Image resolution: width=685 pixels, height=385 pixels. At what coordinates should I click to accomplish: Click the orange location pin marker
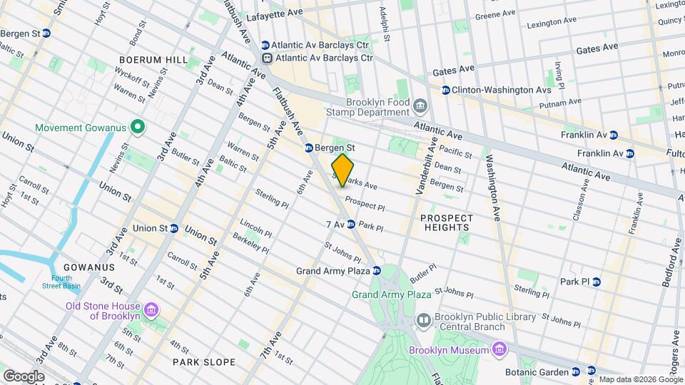click(x=342, y=170)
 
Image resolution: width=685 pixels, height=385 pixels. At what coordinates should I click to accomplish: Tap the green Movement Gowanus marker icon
click(x=137, y=128)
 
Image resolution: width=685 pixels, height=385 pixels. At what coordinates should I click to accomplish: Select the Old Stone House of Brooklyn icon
click(x=151, y=311)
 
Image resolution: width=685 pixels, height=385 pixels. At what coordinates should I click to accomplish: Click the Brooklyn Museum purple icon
click(x=499, y=349)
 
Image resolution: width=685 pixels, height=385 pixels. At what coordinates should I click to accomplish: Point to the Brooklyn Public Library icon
click(x=423, y=322)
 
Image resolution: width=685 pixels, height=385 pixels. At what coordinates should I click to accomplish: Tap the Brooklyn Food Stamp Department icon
click(x=420, y=107)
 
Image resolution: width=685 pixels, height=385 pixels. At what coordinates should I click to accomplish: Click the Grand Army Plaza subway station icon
click(x=376, y=271)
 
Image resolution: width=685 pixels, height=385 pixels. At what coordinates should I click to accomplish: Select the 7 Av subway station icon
click(x=351, y=225)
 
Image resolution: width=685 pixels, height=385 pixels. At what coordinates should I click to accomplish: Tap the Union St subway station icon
click(x=173, y=228)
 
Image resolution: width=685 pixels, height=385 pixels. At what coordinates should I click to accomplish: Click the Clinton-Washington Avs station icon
click(x=446, y=90)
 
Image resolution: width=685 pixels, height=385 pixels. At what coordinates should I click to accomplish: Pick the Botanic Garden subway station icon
click(x=592, y=371)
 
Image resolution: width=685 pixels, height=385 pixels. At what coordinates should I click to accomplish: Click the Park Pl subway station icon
click(x=597, y=282)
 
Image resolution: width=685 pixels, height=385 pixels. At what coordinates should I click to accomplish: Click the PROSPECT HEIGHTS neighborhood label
click(x=446, y=222)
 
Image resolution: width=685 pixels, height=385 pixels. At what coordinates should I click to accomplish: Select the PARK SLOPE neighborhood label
click(x=204, y=362)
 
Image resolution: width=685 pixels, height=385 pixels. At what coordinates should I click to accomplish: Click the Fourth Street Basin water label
click(x=61, y=282)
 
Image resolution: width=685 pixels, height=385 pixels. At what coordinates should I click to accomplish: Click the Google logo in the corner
click(x=24, y=376)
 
